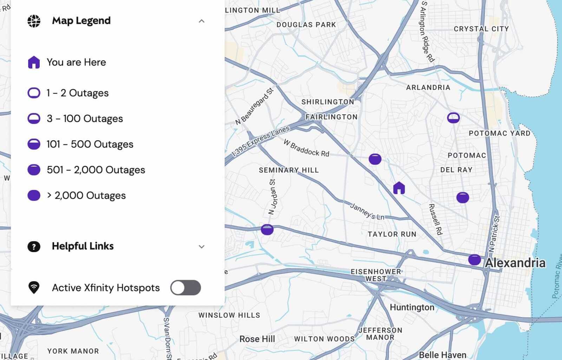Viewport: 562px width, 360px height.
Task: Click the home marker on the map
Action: (x=399, y=188)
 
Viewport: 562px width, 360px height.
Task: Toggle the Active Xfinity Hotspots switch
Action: (x=185, y=288)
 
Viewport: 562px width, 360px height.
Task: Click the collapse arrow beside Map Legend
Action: (x=201, y=21)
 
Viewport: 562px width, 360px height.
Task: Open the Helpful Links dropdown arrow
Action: (x=201, y=246)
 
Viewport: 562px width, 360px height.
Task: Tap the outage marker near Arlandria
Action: (x=453, y=118)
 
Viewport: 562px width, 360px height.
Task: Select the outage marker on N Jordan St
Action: (x=267, y=230)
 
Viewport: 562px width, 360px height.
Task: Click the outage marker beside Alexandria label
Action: (x=474, y=260)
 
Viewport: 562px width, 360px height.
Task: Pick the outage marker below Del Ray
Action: (x=463, y=198)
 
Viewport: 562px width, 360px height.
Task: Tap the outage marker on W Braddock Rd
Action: (x=375, y=159)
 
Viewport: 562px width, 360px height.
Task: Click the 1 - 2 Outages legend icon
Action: (x=34, y=93)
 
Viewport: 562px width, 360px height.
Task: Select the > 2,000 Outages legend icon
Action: (x=34, y=195)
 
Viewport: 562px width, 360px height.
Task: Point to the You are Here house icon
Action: (x=34, y=62)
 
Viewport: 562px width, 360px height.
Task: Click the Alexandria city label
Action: (x=515, y=263)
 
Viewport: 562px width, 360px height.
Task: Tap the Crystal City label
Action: (x=481, y=29)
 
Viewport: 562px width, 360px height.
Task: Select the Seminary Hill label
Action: (x=289, y=170)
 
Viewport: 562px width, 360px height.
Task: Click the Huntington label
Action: (x=412, y=307)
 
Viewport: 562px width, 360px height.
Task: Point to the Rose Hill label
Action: (x=257, y=339)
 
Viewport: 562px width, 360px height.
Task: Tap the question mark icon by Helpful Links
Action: (x=34, y=246)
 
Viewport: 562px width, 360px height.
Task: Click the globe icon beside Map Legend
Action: (x=34, y=21)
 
